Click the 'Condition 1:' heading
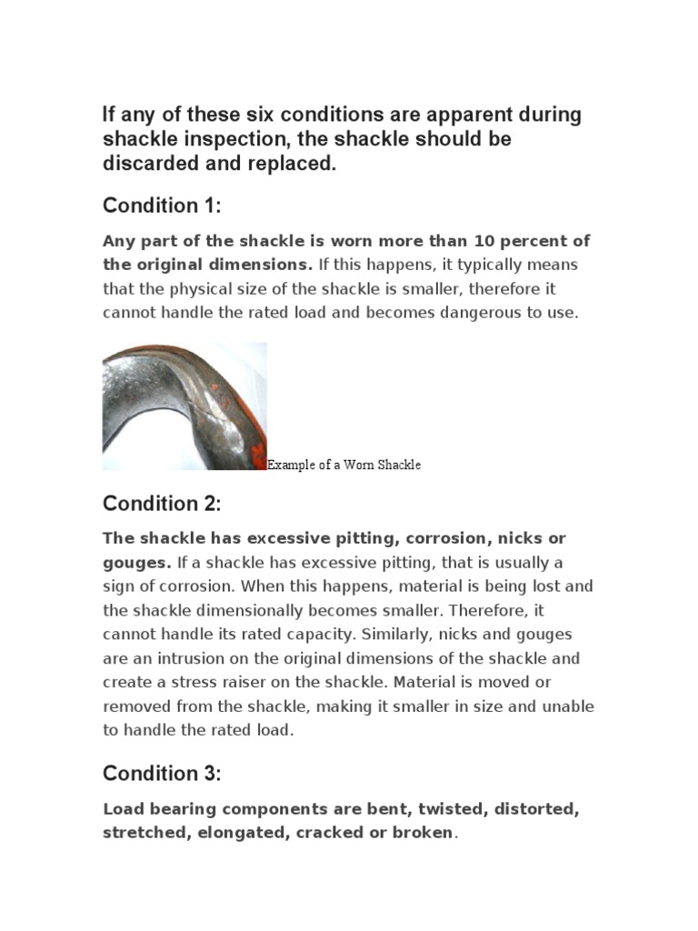pos(162,206)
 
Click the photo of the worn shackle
pos(184,405)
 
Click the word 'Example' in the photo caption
pos(289,465)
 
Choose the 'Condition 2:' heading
pos(162,504)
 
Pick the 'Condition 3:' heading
pos(162,774)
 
